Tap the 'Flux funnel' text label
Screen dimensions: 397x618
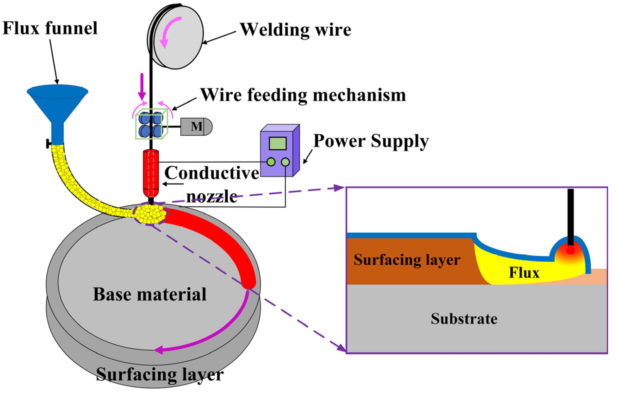click(50, 28)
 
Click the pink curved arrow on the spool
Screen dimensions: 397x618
click(169, 31)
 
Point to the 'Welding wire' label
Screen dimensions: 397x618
click(295, 30)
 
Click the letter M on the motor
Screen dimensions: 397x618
click(196, 127)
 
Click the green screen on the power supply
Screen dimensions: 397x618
click(278, 143)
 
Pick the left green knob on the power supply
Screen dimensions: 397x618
click(271, 162)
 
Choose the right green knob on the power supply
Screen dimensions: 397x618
click(285, 162)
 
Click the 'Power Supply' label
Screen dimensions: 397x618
click(371, 141)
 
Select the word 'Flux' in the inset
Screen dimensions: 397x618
click(524, 273)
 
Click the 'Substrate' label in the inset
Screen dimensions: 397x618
click(464, 319)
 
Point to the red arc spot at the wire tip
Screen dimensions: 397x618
click(571, 250)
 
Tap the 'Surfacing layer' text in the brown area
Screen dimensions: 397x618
click(407, 260)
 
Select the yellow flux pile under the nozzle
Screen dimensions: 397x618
click(150, 214)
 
